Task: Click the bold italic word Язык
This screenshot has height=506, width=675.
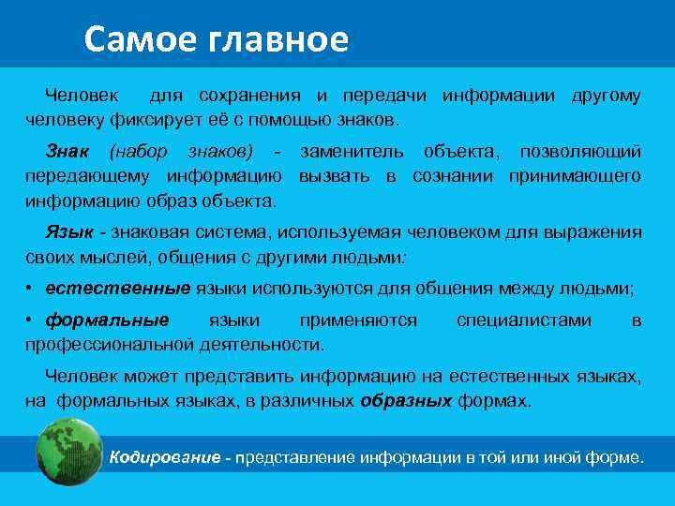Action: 69,231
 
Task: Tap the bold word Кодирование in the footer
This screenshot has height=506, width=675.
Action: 165,457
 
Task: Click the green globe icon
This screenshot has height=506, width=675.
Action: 67,452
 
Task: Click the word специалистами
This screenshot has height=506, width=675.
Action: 524,320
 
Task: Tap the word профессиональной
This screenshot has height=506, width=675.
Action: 110,344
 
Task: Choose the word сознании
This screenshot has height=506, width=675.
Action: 453,175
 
